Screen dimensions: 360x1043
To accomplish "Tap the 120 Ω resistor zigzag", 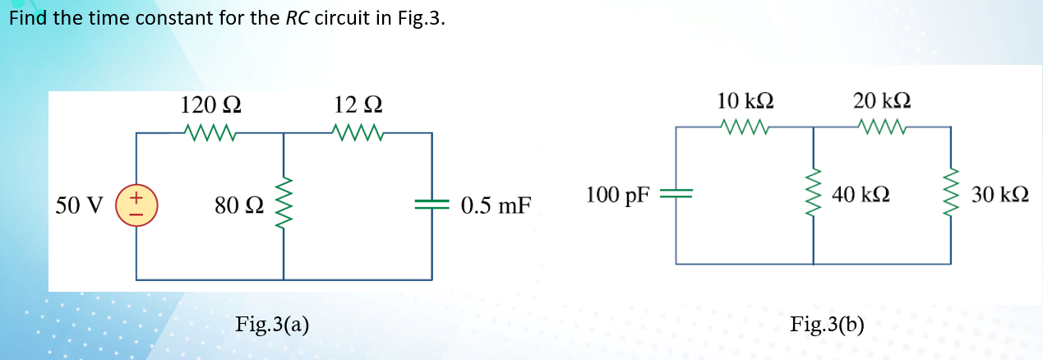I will [x=210, y=132].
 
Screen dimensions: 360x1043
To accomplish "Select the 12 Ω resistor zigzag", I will [x=358, y=132].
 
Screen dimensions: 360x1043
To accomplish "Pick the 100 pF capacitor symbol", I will [x=677, y=195].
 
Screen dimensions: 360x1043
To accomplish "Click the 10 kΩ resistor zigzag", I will [x=745, y=127].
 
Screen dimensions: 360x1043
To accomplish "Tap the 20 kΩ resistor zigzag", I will [x=881, y=127].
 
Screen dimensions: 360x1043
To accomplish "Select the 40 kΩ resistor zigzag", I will [x=814, y=196].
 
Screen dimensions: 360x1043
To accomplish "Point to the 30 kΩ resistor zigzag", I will [x=951, y=196].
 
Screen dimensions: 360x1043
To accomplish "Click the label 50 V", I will [x=79, y=205].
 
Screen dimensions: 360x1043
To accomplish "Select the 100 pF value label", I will [x=617, y=196].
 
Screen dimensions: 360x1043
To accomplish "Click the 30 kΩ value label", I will [x=1000, y=196].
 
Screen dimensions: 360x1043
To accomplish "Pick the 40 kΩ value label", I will [x=860, y=196].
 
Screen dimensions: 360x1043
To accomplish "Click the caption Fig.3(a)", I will [x=272, y=323].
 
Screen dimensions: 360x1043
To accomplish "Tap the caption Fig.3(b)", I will [x=827, y=323].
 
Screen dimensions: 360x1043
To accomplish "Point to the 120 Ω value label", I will [x=210, y=105].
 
